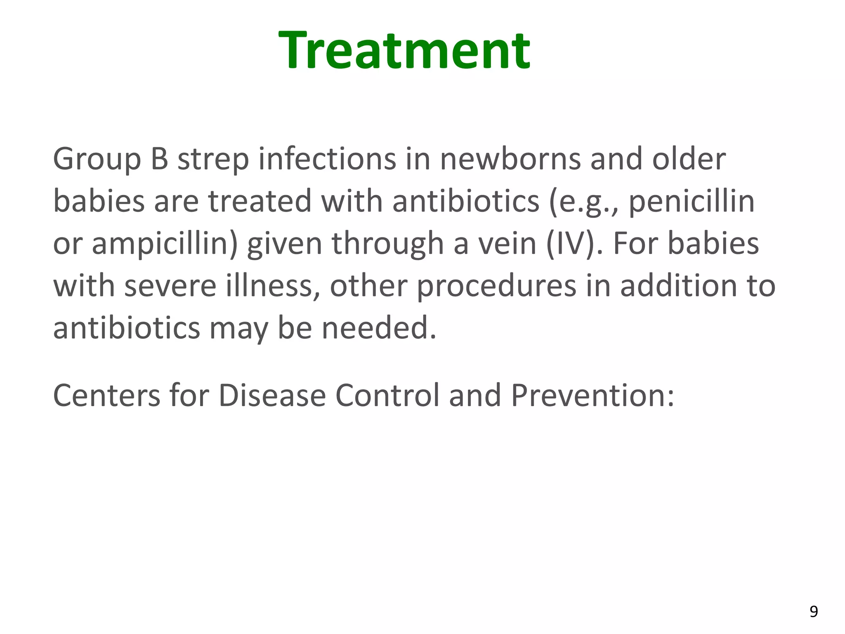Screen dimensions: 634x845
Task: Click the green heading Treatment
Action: [404, 50]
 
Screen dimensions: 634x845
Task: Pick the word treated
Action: [260, 201]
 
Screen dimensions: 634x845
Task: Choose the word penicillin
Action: [691, 202]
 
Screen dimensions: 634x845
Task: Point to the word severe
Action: [170, 286]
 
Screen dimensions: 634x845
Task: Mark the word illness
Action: [272, 286]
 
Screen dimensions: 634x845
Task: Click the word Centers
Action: [106, 395]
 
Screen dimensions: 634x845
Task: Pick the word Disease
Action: [272, 395]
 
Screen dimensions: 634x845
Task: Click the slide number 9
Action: [814, 611]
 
